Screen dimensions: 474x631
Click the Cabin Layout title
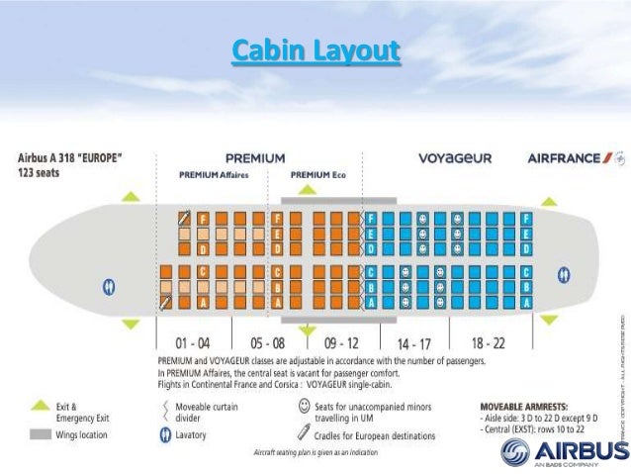coord(315,50)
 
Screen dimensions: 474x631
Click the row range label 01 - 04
coord(192,341)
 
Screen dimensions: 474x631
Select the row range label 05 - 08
coord(267,341)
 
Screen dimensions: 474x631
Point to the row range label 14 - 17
coord(412,341)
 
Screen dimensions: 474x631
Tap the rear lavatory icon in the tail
coord(564,273)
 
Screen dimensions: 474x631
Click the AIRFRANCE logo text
coord(569,157)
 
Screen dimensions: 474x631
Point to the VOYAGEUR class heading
coord(455,157)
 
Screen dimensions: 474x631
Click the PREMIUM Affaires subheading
coord(213,174)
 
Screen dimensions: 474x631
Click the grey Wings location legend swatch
coord(40,433)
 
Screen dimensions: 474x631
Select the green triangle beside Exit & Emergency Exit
coord(40,406)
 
